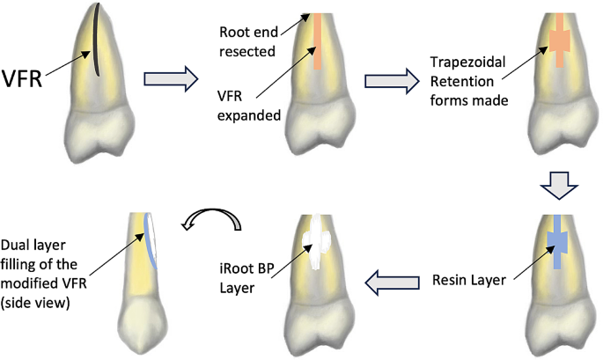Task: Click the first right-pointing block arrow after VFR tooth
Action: [x=169, y=81]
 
